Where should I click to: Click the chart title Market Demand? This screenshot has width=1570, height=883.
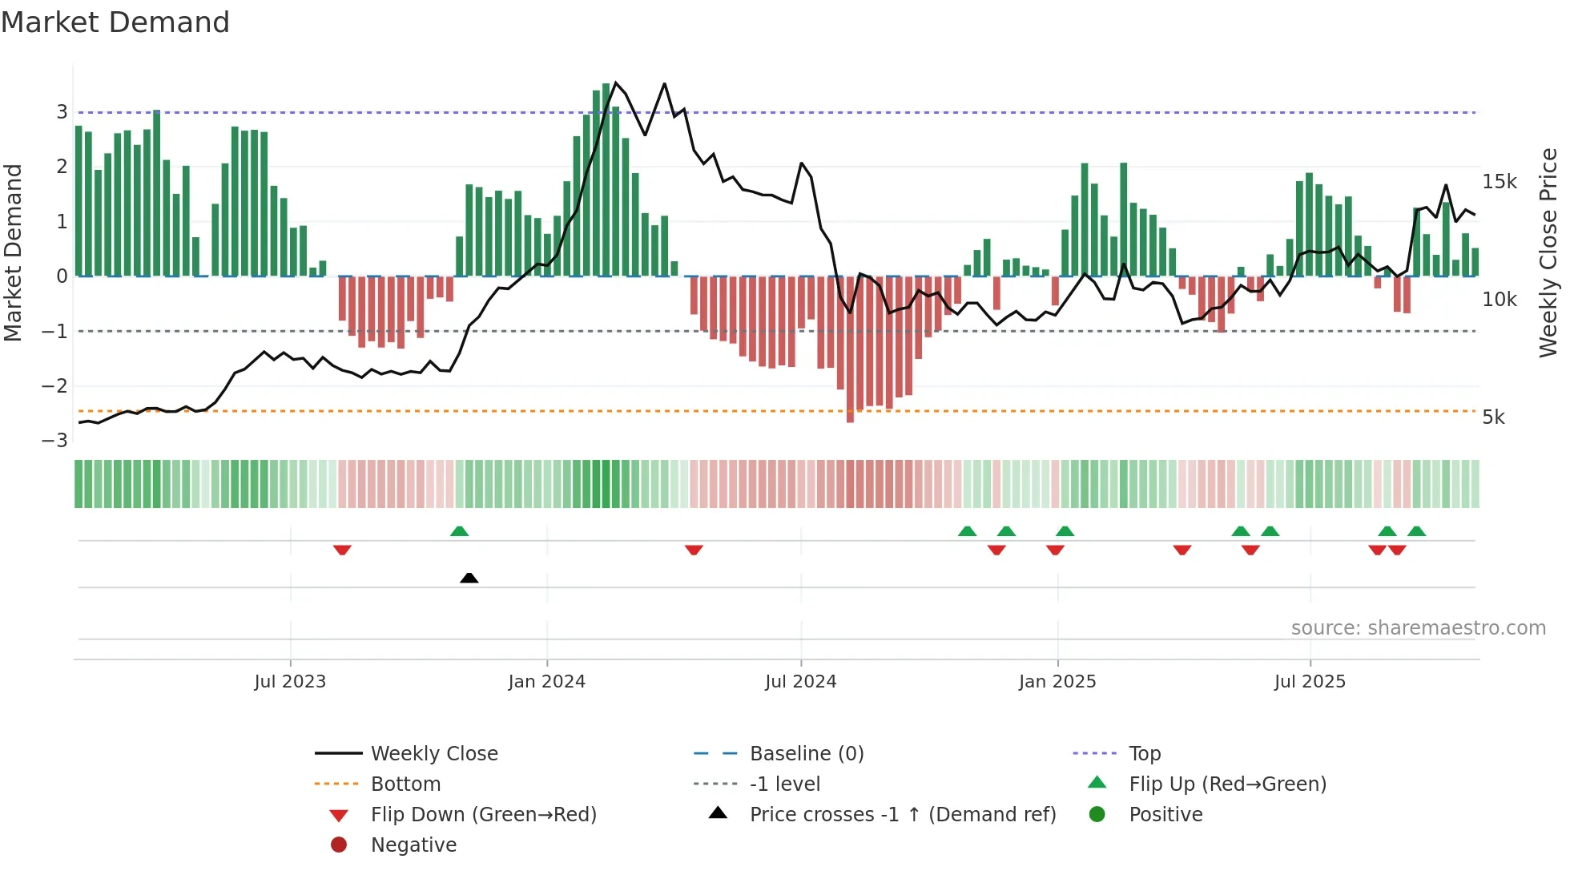[115, 22]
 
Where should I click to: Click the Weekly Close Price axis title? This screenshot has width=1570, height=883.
[1548, 252]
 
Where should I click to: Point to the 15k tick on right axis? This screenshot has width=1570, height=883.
[1499, 182]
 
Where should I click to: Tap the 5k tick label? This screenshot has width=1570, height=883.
[1493, 417]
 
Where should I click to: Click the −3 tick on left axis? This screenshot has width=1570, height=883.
[55, 440]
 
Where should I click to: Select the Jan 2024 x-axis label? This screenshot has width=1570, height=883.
[546, 682]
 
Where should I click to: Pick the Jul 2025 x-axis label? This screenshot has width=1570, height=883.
[1310, 682]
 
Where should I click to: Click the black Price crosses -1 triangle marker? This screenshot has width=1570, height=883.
[469, 578]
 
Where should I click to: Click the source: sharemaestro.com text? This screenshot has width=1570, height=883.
[1418, 628]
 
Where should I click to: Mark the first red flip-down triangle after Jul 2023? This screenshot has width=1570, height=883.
[342, 550]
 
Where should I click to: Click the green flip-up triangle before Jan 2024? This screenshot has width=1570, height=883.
[459, 531]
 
